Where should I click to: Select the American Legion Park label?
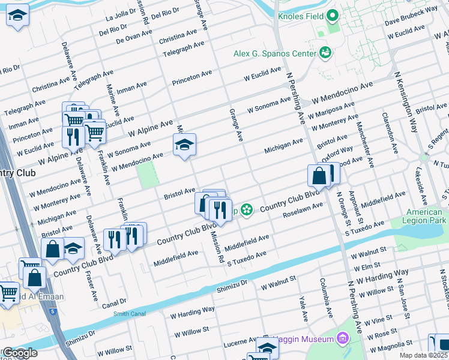(x=424, y=217)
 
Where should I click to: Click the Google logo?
(x=20, y=353)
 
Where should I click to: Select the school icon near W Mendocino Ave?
(x=184, y=144)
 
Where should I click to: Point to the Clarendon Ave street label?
(x=387, y=127)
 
